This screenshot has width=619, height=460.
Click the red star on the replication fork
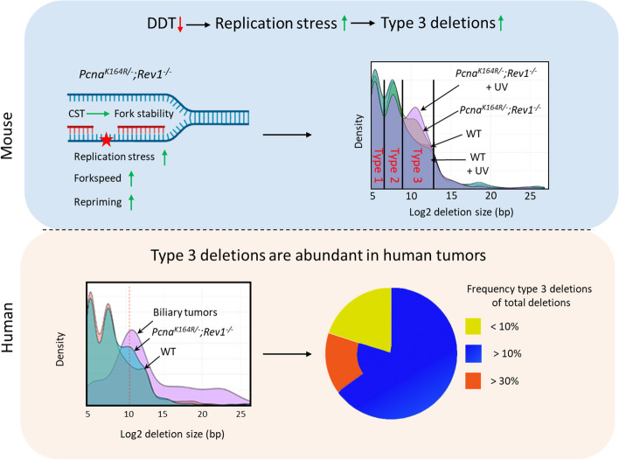pyautogui.click(x=107, y=139)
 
